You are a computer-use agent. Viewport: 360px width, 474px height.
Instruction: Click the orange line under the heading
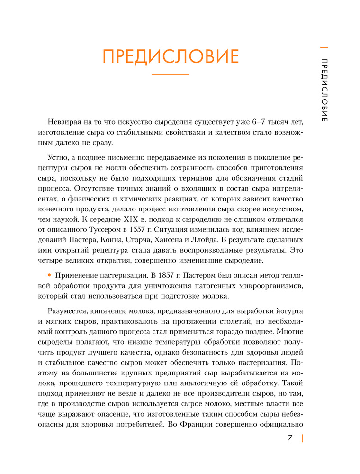(170, 74)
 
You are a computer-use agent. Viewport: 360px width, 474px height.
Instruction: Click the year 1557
(134, 229)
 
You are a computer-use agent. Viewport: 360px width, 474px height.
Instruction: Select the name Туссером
(104, 229)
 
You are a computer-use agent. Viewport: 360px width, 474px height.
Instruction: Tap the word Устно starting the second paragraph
(58, 159)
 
